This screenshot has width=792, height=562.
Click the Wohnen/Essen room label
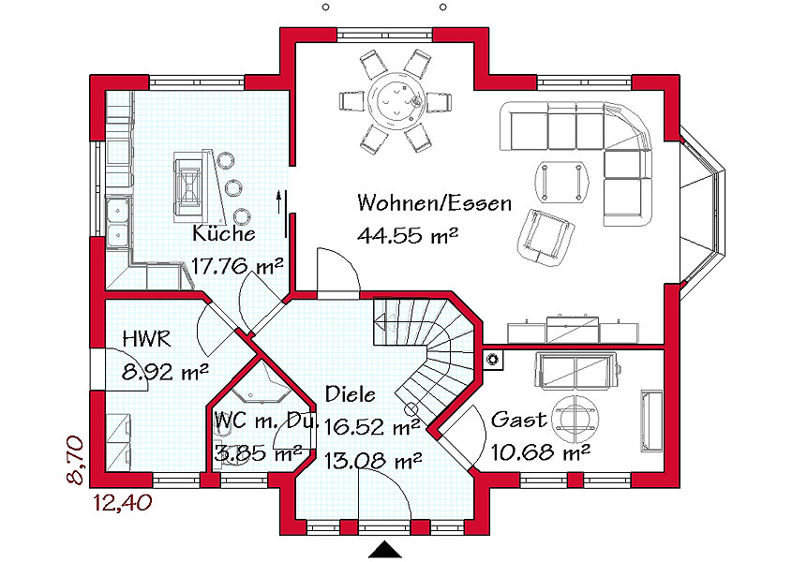[x=434, y=203]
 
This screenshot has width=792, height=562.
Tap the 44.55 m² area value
[x=408, y=235]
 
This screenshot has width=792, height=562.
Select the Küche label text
[x=224, y=233]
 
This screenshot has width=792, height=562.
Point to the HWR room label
[x=147, y=339]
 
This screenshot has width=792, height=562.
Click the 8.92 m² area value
[x=165, y=372]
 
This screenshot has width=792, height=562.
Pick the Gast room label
[x=519, y=420]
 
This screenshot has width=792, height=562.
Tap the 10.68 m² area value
[x=541, y=451]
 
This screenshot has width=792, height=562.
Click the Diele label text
[x=350, y=393]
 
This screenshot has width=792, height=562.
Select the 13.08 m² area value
[x=373, y=461]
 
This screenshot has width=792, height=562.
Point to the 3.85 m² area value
[x=259, y=452]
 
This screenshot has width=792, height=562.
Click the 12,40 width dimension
[x=123, y=503]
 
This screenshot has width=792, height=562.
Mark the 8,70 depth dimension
[x=76, y=460]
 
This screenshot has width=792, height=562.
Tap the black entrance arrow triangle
[x=385, y=550]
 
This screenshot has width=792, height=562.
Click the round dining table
[x=395, y=98]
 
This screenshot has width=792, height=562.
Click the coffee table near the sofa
[x=562, y=182]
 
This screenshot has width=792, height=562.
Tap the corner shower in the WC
[x=262, y=382]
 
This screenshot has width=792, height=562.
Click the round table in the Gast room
[x=576, y=419]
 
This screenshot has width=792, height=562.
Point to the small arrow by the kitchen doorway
[x=278, y=202]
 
